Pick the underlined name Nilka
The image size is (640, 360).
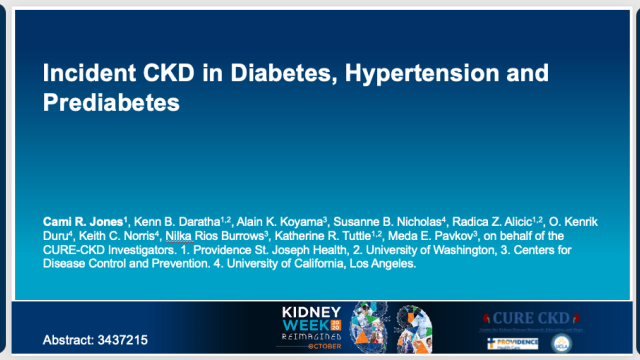pyautogui.click(x=181, y=236)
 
